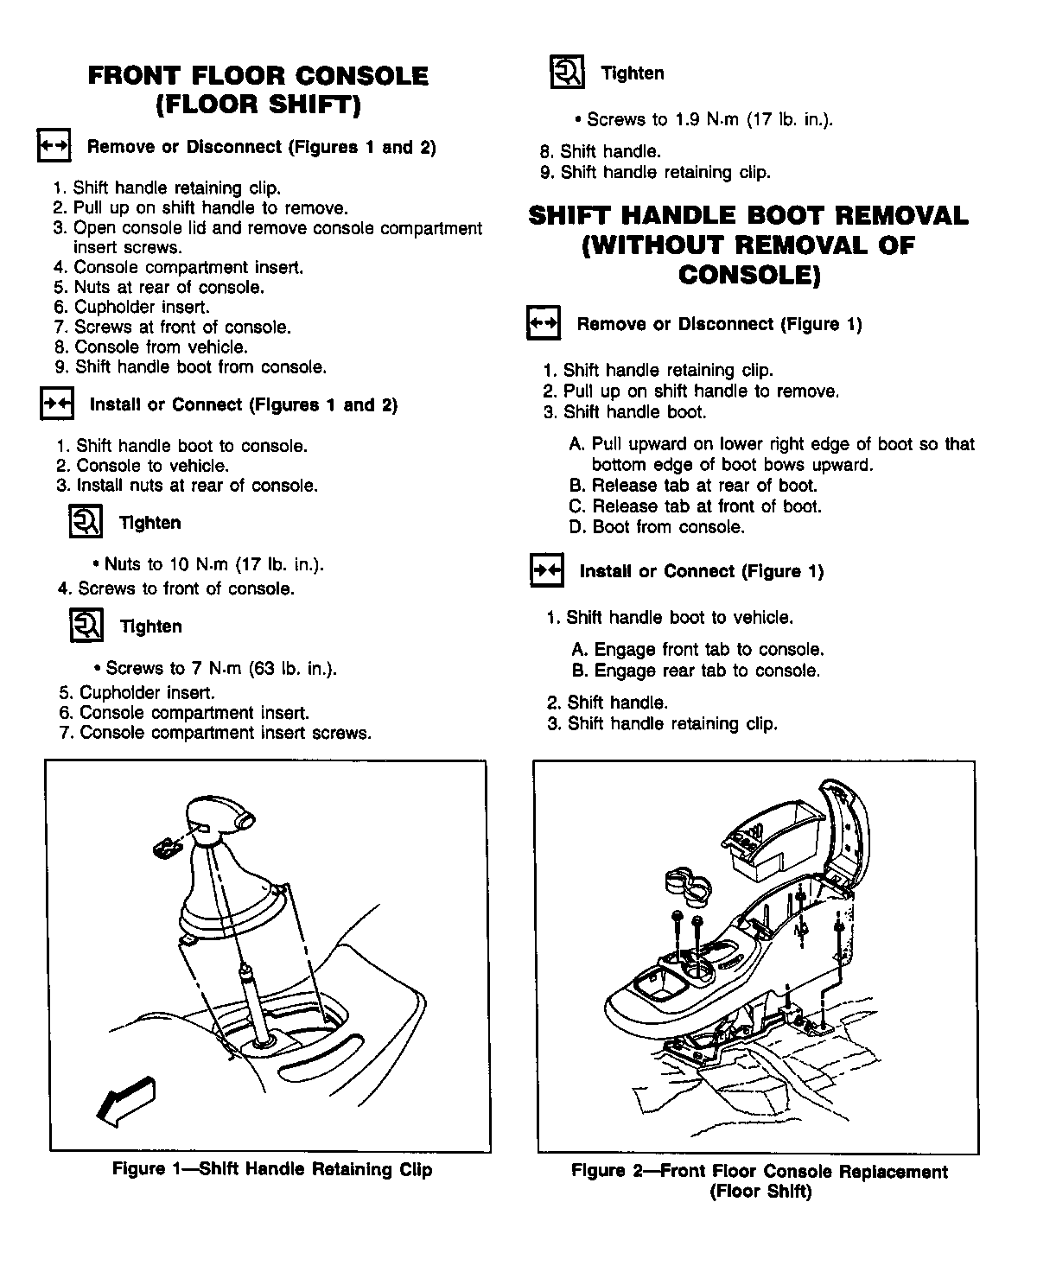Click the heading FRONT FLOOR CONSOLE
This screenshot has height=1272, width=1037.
pos(258,76)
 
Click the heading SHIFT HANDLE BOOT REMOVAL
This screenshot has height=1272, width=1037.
pos(748,216)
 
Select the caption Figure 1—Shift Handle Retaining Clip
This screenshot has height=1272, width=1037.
pos(272,1170)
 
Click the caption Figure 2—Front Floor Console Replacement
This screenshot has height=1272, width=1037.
pos(759,1173)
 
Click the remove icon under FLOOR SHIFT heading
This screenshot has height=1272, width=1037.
pos(54,148)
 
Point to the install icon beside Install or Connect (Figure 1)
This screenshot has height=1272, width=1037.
pos(545,571)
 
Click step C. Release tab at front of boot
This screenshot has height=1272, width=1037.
pos(696,506)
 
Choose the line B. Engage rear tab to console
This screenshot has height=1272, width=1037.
pos(696,671)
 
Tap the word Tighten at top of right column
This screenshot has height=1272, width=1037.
pos(633,73)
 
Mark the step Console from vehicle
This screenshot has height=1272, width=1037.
pos(151,347)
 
